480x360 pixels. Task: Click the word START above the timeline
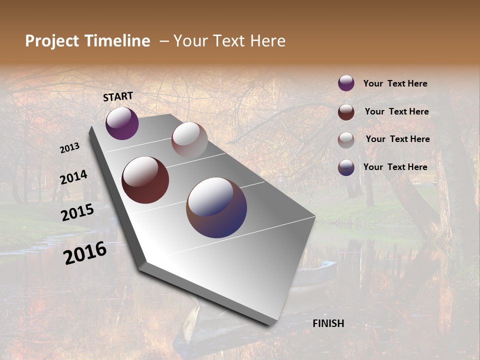[x=118, y=96]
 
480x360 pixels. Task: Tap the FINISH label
[x=328, y=323]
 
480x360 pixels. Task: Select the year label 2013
[x=70, y=148]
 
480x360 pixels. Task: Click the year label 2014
[x=73, y=177]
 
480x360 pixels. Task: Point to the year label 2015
[x=77, y=212]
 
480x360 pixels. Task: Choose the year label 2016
[x=85, y=253]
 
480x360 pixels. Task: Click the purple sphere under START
[x=122, y=123]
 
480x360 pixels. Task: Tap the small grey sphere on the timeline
[x=189, y=140]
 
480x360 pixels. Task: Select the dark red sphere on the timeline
[x=145, y=180]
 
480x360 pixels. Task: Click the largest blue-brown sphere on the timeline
[x=216, y=207]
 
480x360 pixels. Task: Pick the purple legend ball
[x=346, y=83]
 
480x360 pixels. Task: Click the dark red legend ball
[x=346, y=111]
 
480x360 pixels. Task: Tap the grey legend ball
[x=346, y=139]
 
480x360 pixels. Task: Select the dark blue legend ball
[x=346, y=167]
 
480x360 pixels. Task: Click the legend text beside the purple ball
[x=395, y=83]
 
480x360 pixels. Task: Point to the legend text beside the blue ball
[x=395, y=167]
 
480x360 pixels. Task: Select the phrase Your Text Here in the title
[x=229, y=41]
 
